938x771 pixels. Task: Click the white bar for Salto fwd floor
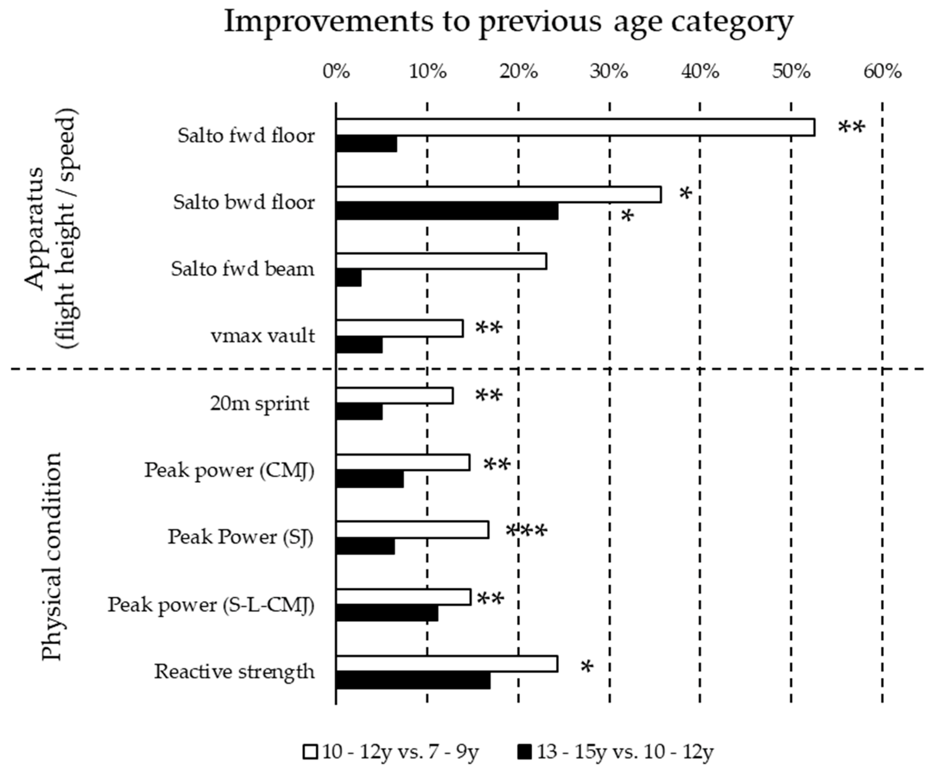pos(575,127)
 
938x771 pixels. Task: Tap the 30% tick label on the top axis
pos(609,71)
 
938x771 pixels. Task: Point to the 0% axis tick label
pos(336,71)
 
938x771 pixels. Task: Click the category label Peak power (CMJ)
pos(229,470)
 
